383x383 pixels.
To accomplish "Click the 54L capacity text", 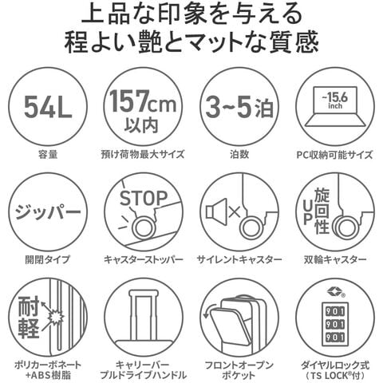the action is (x=48, y=107).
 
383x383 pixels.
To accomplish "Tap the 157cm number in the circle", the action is (x=143, y=101).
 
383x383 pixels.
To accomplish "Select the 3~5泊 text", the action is (x=239, y=107).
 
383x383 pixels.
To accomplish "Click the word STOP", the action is (x=144, y=199).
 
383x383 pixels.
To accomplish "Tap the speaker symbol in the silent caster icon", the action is (x=216, y=211).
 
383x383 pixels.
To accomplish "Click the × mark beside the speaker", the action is (x=235, y=211).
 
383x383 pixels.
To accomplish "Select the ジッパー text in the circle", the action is (x=48, y=212).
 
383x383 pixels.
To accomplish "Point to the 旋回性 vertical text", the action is (x=322, y=211).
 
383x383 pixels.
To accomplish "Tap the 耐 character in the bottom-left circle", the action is (x=29, y=306).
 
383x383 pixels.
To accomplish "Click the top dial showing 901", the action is (x=335, y=311).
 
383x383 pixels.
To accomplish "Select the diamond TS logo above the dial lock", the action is (x=334, y=291).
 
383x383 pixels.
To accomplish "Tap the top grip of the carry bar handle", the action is (x=142, y=293).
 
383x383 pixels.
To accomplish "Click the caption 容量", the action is (x=48, y=154).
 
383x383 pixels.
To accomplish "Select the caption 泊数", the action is (x=239, y=154).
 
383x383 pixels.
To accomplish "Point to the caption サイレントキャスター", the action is (x=239, y=259).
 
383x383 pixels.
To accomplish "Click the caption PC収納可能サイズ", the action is (x=334, y=155).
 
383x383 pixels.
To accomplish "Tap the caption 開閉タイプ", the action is (x=48, y=259).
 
